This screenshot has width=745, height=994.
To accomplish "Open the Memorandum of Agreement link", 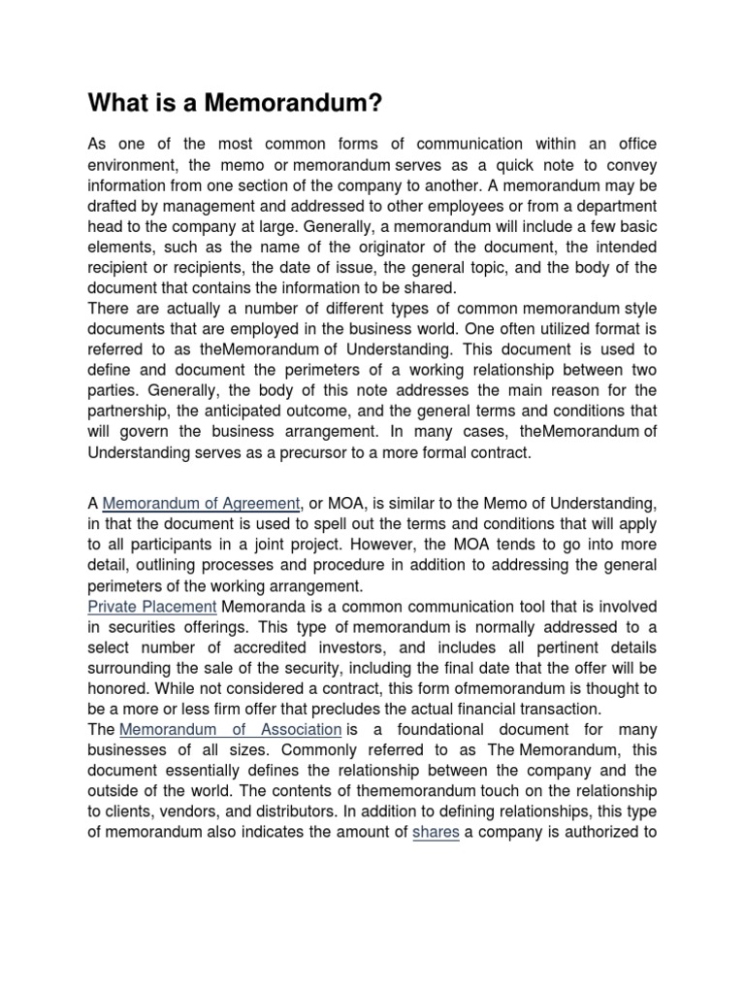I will [202, 503].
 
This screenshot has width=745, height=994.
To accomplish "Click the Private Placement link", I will [152, 606].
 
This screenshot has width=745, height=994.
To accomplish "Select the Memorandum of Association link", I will [231, 729].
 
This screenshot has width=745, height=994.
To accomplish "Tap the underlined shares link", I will [436, 832].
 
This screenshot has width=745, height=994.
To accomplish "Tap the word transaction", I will [555, 709].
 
